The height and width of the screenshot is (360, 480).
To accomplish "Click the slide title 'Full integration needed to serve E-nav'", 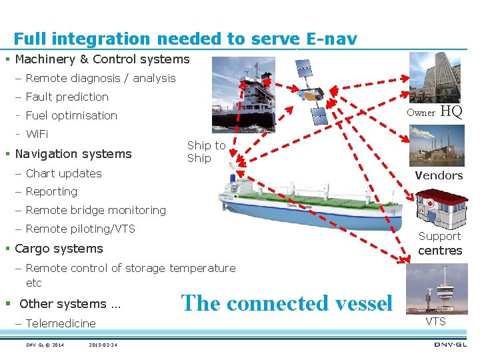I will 185,39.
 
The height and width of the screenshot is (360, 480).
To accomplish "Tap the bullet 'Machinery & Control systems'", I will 102,59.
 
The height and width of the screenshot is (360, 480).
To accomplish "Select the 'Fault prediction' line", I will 67,97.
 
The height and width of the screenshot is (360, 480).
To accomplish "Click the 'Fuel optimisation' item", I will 71,115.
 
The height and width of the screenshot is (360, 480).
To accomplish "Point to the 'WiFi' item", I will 37,134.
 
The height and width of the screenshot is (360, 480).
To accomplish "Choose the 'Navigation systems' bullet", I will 73,154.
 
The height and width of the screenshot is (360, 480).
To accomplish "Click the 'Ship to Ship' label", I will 206,152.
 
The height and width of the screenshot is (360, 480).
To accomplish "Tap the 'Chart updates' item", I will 63,173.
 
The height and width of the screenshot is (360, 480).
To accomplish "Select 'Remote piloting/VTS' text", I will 80,229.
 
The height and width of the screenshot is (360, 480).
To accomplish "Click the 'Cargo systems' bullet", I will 59,249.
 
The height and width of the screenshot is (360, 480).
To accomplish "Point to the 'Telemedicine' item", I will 61,323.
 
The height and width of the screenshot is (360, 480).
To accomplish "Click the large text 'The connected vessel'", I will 287,303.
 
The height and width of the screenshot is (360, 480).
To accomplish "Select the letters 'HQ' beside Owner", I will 452,112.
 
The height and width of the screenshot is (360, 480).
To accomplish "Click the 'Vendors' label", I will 438,175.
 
